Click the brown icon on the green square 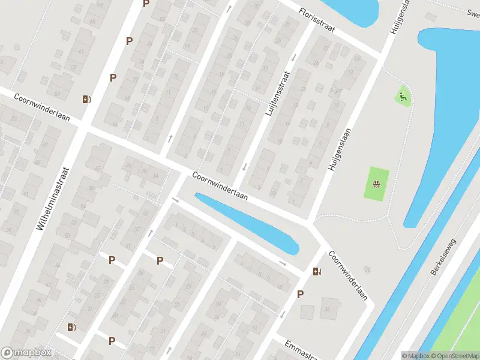(x=376, y=184)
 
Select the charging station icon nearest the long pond (x=316, y=271)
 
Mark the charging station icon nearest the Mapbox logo (x=72, y=327)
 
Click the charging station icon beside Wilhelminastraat (x=88, y=100)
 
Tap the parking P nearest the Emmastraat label (x=300, y=294)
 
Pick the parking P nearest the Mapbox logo (x=112, y=341)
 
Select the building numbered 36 (x=328, y=310)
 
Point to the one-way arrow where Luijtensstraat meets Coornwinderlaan (x=244, y=166)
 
